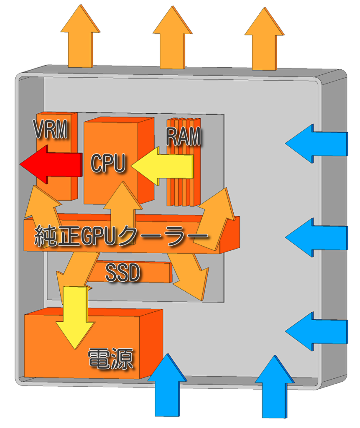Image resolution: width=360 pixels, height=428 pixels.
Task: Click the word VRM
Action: pos(51,131)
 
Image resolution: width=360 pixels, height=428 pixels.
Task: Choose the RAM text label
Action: pos(183,137)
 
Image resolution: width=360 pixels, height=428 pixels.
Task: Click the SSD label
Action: pos(122,273)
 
